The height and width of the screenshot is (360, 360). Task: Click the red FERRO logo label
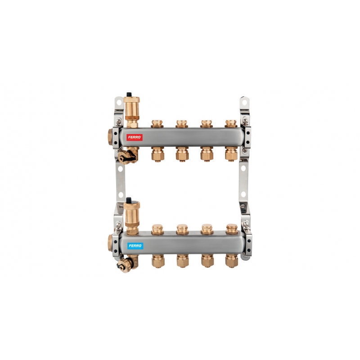tap(135, 137)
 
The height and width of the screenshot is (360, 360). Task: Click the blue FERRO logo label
tap(135, 246)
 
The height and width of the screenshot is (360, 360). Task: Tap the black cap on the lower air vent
tap(129, 199)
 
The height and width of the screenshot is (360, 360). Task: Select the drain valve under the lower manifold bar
tap(127, 264)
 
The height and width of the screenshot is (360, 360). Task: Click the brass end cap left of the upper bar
tap(110, 137)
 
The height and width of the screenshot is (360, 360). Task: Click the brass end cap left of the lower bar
tap(110, 243)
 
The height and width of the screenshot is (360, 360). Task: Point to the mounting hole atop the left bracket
tap(119, 102)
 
